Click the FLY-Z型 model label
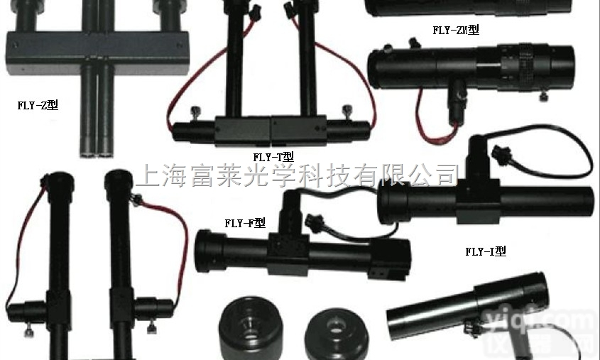pos(38,106)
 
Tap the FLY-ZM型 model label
pos(456,30)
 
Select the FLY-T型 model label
pos(273,157)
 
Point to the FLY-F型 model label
pos(245,222)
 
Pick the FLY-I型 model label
pos(486,251)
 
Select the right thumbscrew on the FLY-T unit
pos(347,111)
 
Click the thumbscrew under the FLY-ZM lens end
pos(543,95)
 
